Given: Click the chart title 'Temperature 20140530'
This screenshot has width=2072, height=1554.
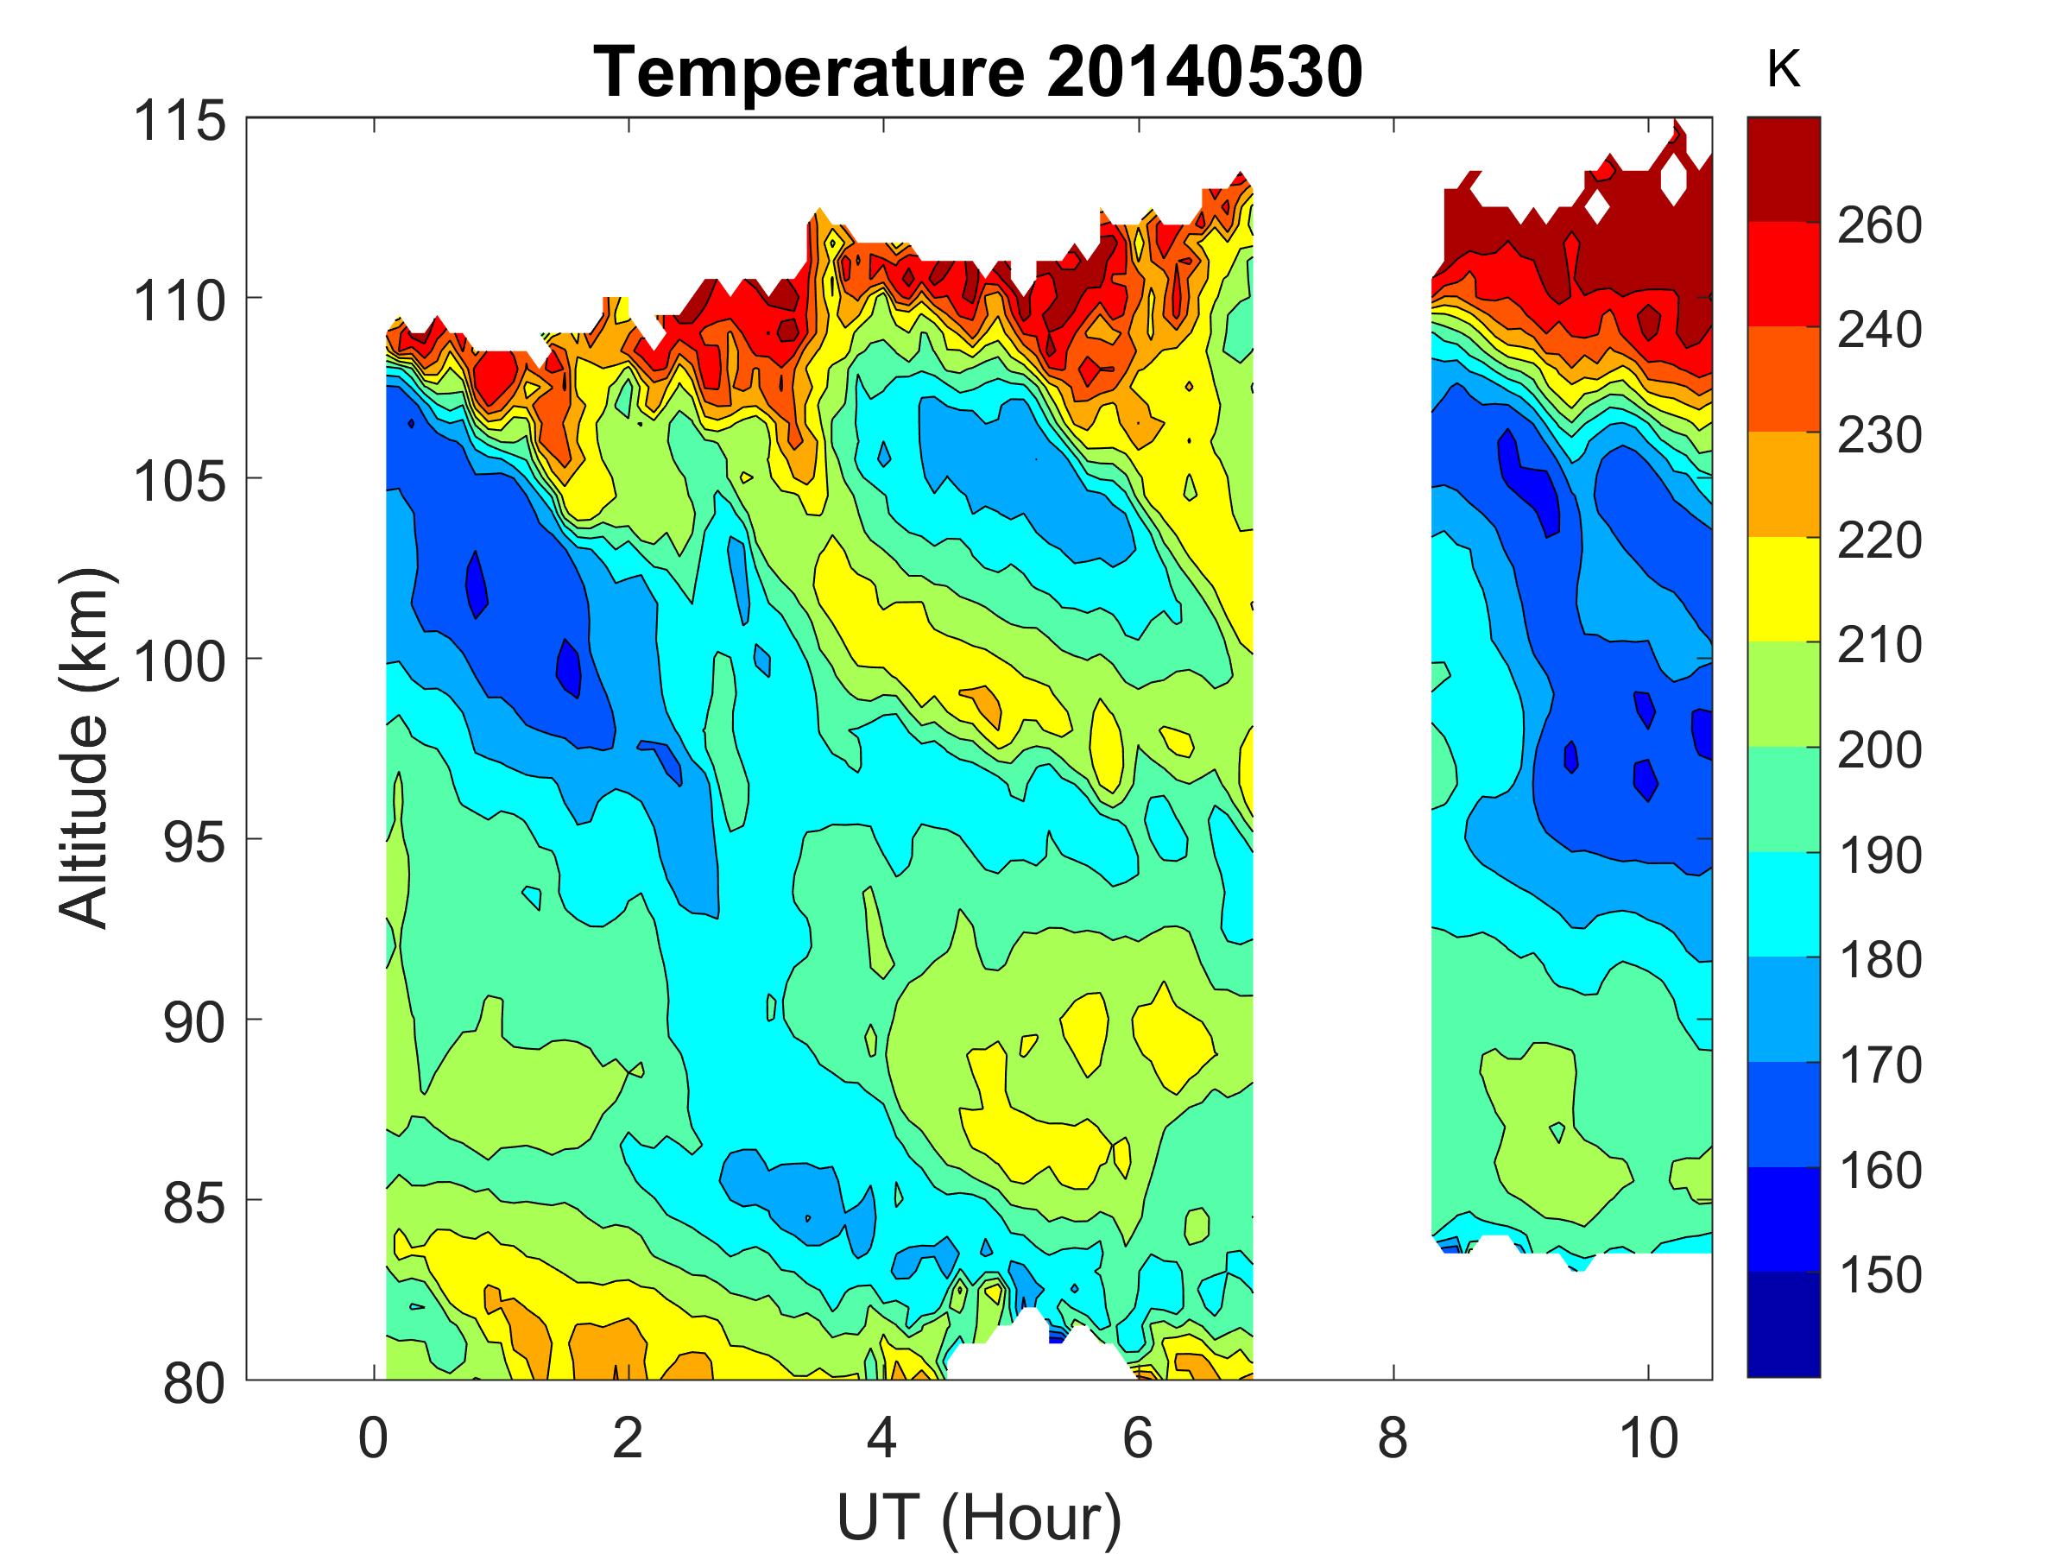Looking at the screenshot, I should tap(979, 73).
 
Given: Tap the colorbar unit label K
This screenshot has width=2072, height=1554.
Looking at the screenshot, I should tap(1783, 69).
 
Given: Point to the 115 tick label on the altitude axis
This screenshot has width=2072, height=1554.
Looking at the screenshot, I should tap(180, 121).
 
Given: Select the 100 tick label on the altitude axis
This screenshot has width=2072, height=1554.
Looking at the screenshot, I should tap(180, 661).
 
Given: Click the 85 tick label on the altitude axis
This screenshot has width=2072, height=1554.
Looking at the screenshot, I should tap(194, 1202).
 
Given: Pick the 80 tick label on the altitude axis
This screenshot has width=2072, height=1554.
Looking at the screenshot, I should tap(194, 1382).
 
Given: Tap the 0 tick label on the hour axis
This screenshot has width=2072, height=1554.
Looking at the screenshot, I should tap(373, 1437).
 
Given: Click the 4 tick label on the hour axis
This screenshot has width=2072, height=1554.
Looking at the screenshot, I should tap(882, 1437).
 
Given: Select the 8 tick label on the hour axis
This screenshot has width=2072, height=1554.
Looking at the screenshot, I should tap(1393, 1437).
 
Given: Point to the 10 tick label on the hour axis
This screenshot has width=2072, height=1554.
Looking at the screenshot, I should tap(1647, 1437).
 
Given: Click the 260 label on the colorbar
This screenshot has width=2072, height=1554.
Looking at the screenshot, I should tap(1879, 224).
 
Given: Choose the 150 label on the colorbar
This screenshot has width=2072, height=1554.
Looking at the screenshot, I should tap(1879, 1275).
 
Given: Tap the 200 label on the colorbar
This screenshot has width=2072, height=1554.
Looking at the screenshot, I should tap(1879, 749).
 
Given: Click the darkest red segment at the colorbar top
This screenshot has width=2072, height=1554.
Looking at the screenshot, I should tap(1783, 168).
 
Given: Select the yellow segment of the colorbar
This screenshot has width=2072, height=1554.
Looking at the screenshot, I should tap(1783, 589).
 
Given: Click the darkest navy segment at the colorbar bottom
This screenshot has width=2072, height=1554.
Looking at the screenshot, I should tap(1783, 1323).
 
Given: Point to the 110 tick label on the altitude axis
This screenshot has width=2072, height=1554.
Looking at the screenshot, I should tap(180, 300).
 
